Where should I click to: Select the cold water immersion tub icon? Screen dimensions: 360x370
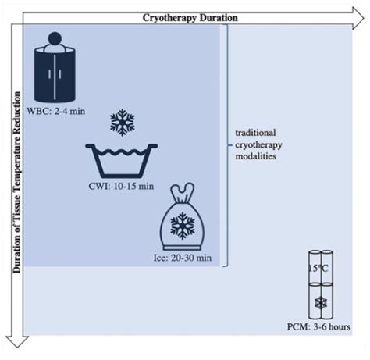(123, 160)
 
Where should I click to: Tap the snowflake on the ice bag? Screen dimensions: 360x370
(183, 226)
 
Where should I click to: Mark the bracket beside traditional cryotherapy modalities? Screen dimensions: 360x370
(226, 144)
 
